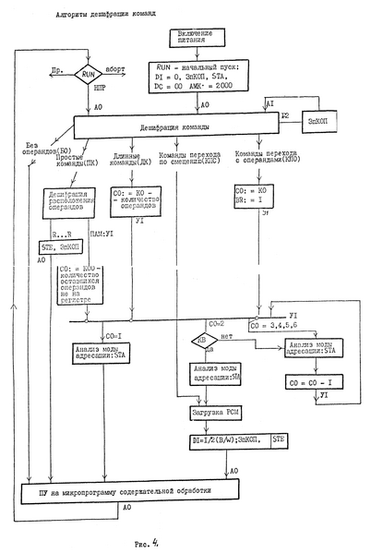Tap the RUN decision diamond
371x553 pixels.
[x=89, y=73]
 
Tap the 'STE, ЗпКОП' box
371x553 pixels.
[x=60, y=247]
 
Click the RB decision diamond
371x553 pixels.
[x=197, y=340]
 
